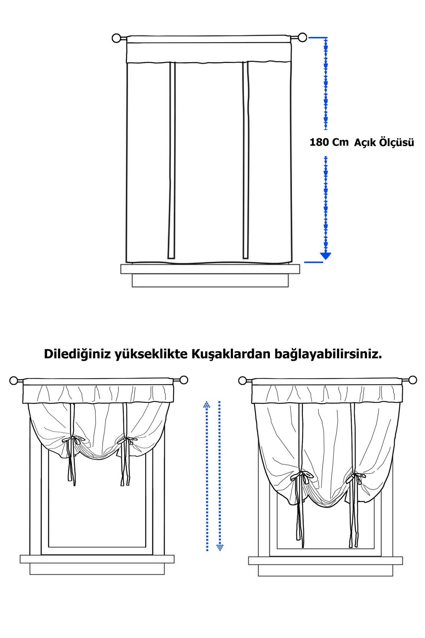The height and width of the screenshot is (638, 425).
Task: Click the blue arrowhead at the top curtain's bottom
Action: pos(325,256)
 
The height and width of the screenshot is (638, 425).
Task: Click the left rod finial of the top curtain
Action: pos(117,38)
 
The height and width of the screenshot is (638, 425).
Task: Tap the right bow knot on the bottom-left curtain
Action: pos(127,441)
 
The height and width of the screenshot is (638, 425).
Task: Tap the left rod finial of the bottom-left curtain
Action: pos(14,381)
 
